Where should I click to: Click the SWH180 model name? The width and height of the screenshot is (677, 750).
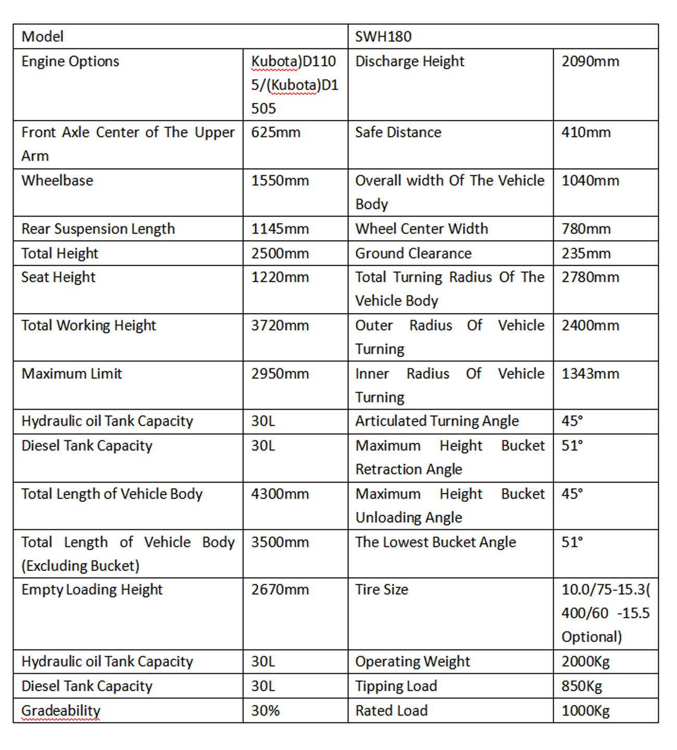pyautogui.click(x=383, y=36)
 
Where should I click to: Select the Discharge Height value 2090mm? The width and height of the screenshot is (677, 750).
pyautogui.click(x=590, y=61)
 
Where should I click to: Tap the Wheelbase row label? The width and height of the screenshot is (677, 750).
pyautogui.click(x=57, y=181)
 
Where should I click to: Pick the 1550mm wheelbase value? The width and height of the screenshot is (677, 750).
pyautogui.click(x=280, y=181)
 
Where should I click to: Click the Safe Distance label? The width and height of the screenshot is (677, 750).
pyautogui.click(x=398, y=132)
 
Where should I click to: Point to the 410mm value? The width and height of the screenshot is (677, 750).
pyautogui.click(x=586, y=132)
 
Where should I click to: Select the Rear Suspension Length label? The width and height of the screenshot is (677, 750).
pyautogui.click(x=98, y=229)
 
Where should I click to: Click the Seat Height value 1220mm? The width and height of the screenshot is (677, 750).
pyautogui.click(x=280, y=277)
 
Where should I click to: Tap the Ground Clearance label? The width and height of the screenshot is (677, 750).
pyautogui.click(x=413, y=253)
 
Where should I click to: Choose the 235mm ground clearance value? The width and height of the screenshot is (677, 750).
pyautogui.click(x=586, y=253)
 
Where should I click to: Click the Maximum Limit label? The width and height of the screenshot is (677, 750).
pyautogui.click(x=71, y=373)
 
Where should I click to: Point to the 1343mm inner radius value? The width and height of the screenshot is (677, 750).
pyautogui.click(x=590, y=373)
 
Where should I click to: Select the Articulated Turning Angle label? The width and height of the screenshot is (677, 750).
pyautogui.click(x=437, y=421)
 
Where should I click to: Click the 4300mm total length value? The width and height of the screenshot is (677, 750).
pyautogui.click(x=280, y=494)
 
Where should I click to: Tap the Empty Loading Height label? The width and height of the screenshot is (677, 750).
pyautogui.click(x=92, y=590)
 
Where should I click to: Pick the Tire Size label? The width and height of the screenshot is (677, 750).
pyautogui.click(x=382, y=590)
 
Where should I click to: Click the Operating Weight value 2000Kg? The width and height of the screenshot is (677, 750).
pyautogui.click(x=585, y=661)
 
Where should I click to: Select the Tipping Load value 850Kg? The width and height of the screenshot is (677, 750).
pyautogui.click(x=582, y=686)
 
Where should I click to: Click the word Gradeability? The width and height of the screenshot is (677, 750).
pyautogui.click(x=60, y=710)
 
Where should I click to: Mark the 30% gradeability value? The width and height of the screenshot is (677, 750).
pyautogui.click(x=265, y=710)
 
